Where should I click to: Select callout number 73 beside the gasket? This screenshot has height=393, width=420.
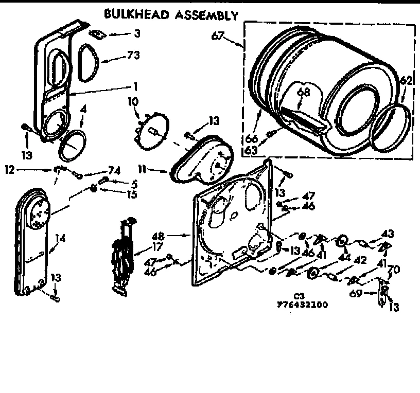(134, 55)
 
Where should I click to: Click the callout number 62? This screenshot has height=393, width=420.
(406, 81)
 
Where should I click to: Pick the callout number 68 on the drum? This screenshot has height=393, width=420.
(303, 93)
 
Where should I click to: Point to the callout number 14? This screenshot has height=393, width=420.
(60, 238)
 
